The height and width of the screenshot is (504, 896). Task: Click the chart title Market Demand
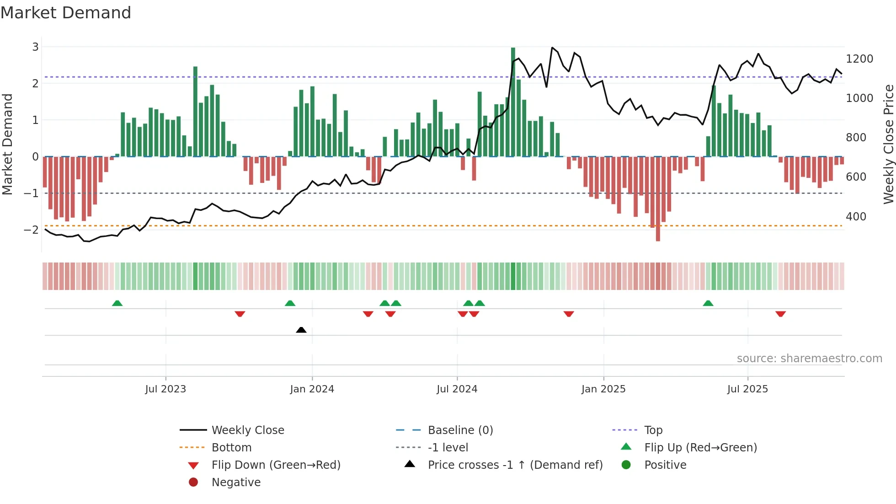coord(66,13)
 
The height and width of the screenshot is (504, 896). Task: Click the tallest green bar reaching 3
coord(513,101)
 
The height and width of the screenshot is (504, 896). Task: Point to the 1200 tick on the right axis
coord(859,59)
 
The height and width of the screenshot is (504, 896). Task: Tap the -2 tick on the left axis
coord(31,230)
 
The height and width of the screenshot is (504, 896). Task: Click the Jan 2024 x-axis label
coord(312,389)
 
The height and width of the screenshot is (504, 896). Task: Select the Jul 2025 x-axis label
coord(747,389)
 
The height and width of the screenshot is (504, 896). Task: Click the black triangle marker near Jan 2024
coord(301,330)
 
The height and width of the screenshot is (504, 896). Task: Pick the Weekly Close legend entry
coord(247,430)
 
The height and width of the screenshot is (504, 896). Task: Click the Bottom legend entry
coord(231,447)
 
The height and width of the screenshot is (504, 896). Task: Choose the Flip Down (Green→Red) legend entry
coord(276,465)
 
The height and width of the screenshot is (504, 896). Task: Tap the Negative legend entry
coord(236,482)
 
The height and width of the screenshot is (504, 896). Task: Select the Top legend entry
coord(653,430)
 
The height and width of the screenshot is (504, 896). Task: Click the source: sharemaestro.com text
coord(809,359)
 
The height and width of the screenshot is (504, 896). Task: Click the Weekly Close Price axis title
coord(888,144)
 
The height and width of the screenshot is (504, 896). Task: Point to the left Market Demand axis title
coord(7,144)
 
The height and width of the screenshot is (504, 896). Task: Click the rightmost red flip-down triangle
coord(780,314)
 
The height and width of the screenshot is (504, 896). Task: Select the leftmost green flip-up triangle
coord(117,303)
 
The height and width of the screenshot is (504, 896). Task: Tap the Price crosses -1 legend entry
coord(515,465)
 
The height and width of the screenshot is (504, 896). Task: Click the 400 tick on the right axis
coord(856,216)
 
